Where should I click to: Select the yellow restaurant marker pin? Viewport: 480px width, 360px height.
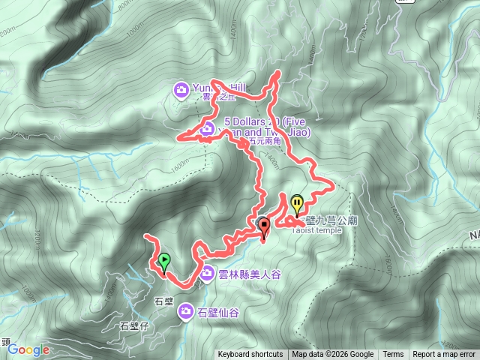click(x=298, y=203)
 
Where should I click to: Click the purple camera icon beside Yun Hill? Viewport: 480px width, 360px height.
click(x=181, y=90)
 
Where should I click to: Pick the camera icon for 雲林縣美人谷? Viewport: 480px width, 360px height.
click(x=206, y=274)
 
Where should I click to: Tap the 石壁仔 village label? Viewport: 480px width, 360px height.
click(x=134, y=326)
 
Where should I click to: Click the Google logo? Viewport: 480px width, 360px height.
click(x=28, y=349)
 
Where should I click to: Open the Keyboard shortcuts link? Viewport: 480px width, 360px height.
click(x=250, y=355)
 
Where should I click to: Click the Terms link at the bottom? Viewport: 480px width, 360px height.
click(x=393, y=355)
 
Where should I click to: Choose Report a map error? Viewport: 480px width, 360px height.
click(x=444, y=355)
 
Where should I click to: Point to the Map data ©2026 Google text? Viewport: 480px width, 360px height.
click(x=333, y=355)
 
